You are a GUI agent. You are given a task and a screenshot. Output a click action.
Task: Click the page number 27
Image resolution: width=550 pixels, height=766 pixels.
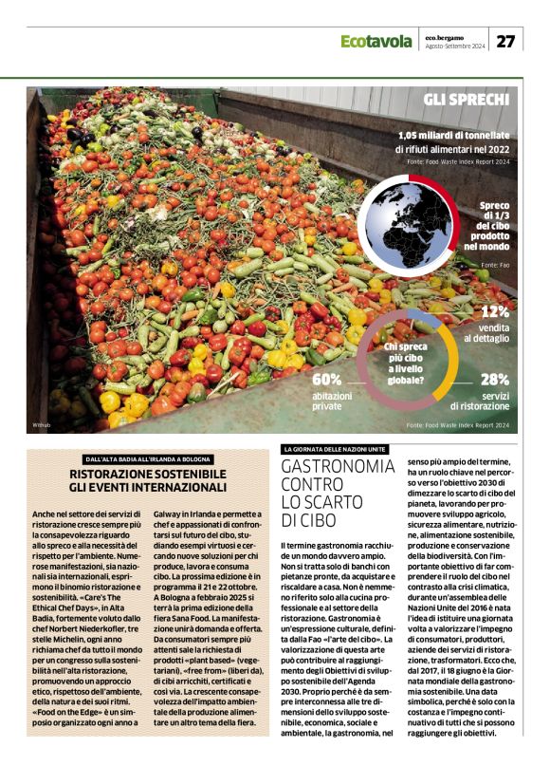[506, 41]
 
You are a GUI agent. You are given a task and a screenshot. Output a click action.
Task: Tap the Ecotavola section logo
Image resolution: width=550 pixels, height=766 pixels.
[376, 42]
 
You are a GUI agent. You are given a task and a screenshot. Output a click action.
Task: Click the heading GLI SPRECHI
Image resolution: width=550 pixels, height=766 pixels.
[467, 100]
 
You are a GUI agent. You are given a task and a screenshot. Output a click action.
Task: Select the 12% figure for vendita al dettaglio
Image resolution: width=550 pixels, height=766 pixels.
[494, 310]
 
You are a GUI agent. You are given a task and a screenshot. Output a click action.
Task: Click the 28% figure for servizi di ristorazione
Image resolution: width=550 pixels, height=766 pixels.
[494, 380]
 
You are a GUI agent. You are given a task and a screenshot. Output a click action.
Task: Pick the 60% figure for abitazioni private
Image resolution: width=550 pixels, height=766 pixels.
[328, 380]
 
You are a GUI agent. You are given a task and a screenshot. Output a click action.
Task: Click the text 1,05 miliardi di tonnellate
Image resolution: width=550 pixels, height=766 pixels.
[453, 136]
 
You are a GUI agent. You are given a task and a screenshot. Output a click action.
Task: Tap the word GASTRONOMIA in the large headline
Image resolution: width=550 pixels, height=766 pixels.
[338, 468]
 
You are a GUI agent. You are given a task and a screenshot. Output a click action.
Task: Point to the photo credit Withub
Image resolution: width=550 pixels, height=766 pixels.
[41, 424]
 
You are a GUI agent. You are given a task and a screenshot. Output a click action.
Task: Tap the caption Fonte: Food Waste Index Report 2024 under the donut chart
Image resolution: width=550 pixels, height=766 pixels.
[458, 423]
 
